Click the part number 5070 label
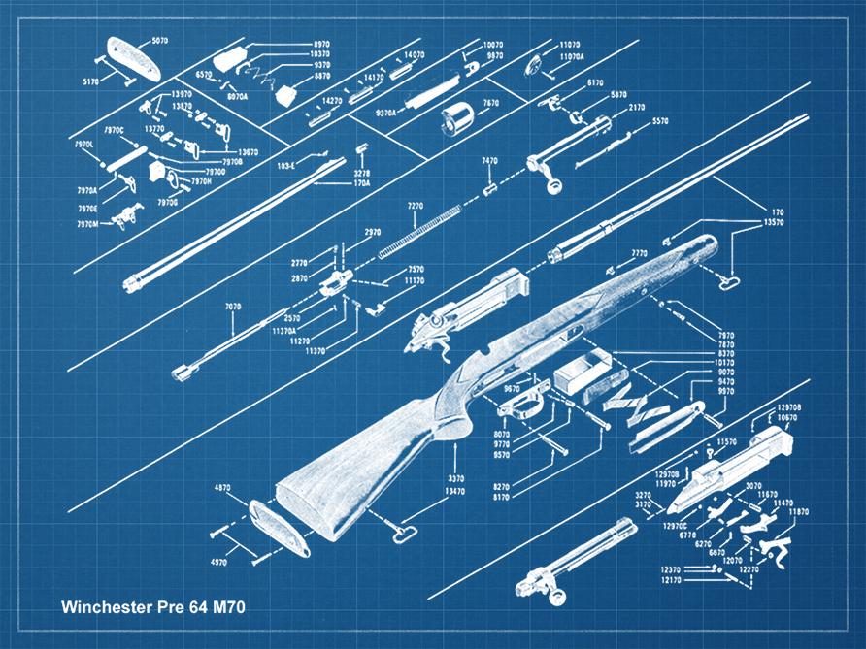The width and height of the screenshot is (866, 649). click(x=160, y=41)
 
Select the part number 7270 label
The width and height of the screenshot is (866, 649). click(x=416, y=207)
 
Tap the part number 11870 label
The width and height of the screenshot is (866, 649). click(x=798, y=510)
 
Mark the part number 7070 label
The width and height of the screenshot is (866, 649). click(x=233, y=307)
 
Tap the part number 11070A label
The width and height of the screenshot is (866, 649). click(x=573, y=57)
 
